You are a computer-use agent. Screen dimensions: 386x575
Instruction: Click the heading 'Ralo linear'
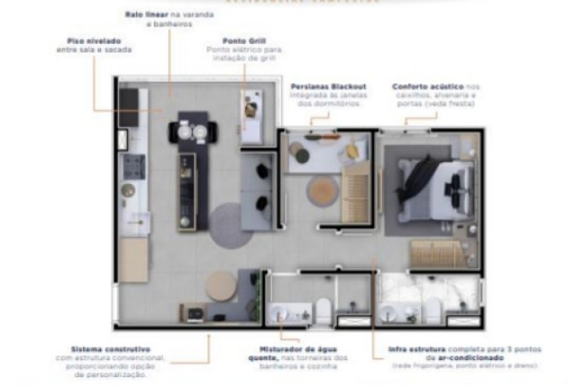point(141,15)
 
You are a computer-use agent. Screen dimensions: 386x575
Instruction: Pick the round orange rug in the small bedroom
point(322,190)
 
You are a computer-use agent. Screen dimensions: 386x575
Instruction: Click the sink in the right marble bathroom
point(392,313)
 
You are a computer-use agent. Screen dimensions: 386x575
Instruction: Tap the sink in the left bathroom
point(280,313)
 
